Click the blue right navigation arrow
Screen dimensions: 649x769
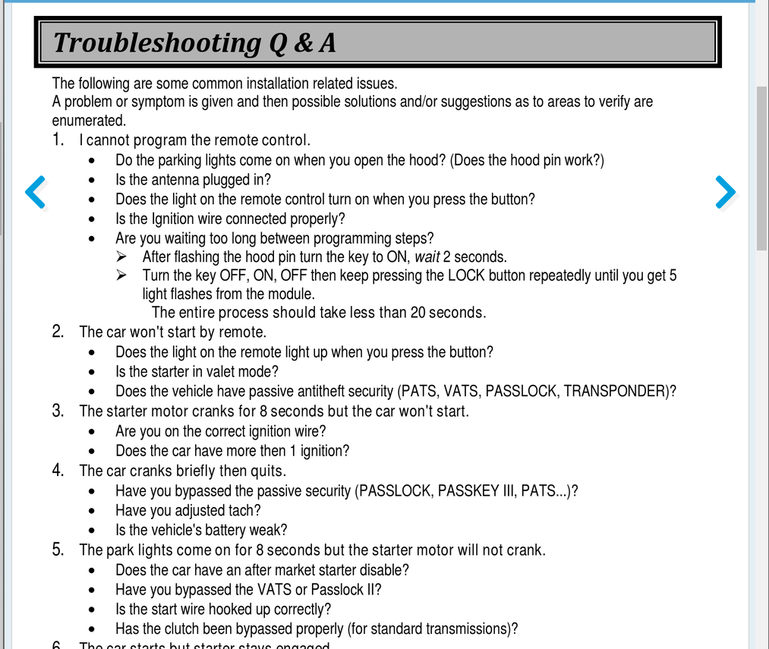(x=726, y=192)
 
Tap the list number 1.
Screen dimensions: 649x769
(x=58, y=140)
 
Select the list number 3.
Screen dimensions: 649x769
(x=58, y=411)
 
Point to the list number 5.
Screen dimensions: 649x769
(x=58, y=550)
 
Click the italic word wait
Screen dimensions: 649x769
(x=427, y=257)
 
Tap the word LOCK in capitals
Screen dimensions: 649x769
(x=466, y=276)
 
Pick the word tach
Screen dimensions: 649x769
(x=246, y=510)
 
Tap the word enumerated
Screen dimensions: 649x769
(x=88, y=121)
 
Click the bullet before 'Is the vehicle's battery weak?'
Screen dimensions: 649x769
(x=93, y=531)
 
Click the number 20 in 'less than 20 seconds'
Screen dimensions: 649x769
(x=418, y=313)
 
